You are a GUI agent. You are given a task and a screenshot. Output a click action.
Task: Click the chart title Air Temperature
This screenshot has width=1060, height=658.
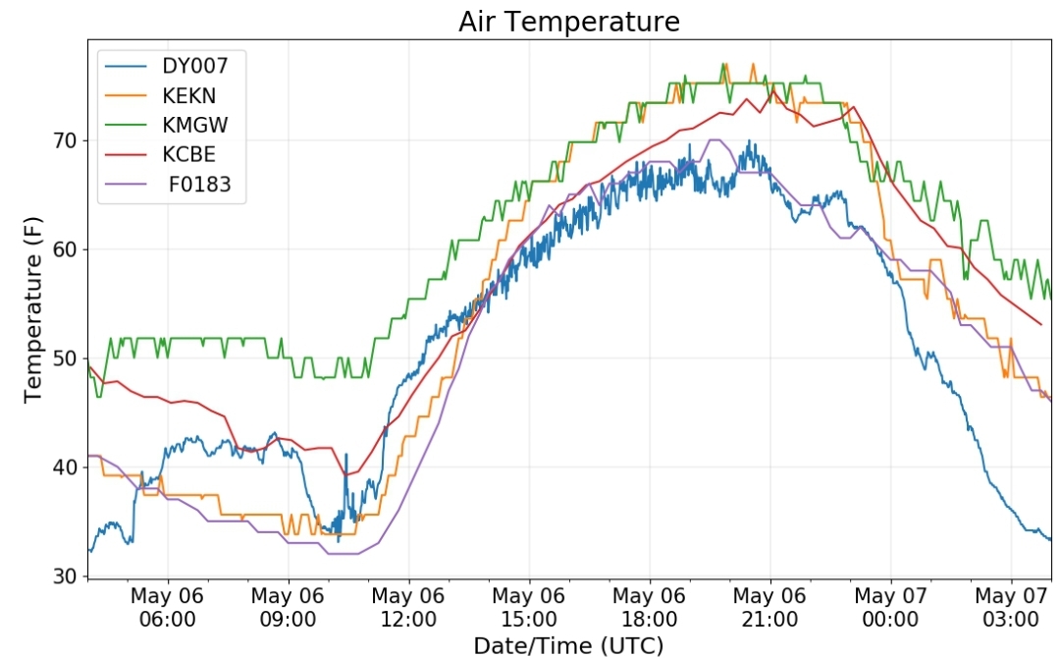click(569, 22)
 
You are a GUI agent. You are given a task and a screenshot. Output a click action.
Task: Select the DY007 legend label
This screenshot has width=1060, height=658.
click(194, 66)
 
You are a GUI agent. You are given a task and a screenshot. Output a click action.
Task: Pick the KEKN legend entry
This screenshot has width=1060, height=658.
click(188, 95)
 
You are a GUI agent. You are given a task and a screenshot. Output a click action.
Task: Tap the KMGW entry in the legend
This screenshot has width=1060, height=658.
click(194, 125)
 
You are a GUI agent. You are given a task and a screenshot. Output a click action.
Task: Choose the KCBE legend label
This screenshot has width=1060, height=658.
click(188, 155)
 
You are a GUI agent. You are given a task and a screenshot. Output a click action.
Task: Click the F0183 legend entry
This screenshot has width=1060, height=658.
click(199, 185)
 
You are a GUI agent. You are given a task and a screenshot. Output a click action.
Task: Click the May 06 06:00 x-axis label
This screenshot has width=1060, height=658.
click(167, 607)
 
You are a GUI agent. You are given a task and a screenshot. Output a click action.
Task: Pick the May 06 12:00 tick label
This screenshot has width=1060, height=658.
click(408, 607)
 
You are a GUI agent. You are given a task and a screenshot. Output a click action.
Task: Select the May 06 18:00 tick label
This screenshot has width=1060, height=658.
click(649, 607)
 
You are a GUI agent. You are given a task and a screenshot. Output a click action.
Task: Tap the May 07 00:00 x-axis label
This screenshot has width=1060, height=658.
click(890, 607)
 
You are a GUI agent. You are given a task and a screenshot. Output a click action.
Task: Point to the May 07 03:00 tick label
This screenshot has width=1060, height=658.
click(1011, 607)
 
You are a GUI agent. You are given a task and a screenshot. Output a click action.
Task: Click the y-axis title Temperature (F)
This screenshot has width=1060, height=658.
click(32, 309)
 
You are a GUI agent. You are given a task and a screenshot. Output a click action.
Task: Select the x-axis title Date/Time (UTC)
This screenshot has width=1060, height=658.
click(568, 646)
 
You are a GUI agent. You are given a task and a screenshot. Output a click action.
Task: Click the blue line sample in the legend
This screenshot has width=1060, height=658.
click(126, 66)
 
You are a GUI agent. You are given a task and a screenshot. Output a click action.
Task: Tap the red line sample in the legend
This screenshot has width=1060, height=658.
click(126, 155)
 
